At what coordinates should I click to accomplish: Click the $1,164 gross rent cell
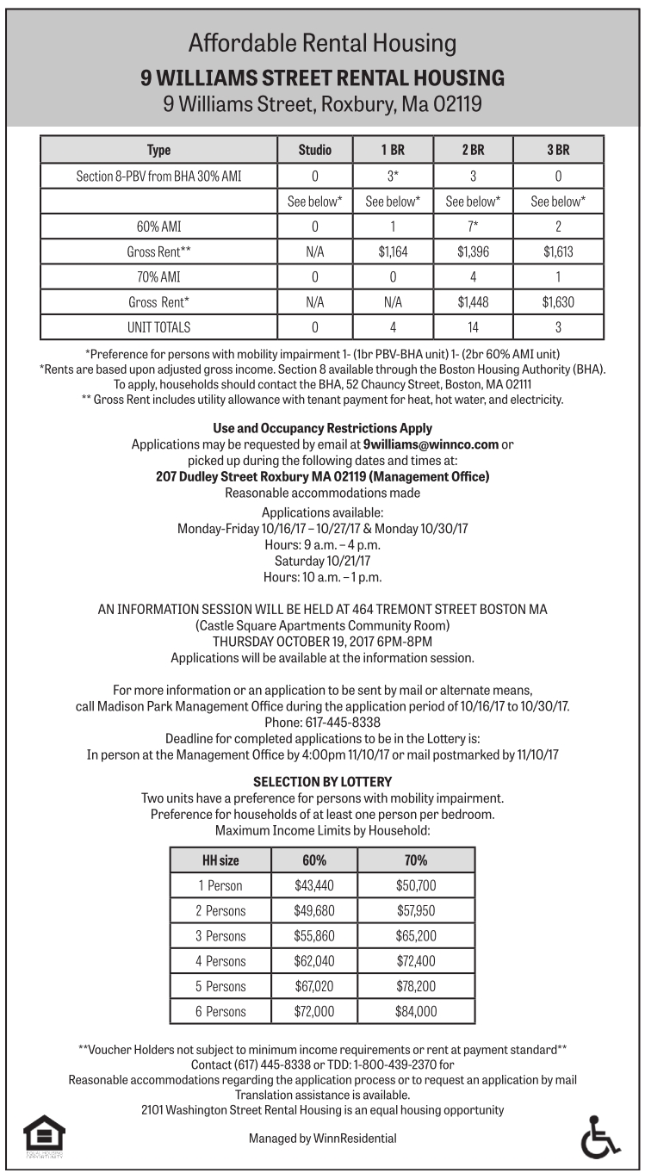393,252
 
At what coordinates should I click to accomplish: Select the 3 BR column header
558,150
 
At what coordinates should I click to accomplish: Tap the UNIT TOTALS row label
159,327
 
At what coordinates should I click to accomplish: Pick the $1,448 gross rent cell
472,302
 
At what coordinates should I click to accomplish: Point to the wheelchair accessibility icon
599,1138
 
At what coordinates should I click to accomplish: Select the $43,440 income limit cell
313,885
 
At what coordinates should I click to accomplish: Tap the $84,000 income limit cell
416,1011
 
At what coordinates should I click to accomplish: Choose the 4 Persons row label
220,961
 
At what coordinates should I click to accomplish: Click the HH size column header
220,860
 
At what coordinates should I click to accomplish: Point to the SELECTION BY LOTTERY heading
323,782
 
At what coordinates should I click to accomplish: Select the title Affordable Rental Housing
323,43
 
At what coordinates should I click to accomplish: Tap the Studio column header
314,150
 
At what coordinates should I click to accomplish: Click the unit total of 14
472,327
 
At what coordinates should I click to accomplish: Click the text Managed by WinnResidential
323,1138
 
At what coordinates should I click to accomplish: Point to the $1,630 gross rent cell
558,302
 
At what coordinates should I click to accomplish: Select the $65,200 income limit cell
416,936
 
